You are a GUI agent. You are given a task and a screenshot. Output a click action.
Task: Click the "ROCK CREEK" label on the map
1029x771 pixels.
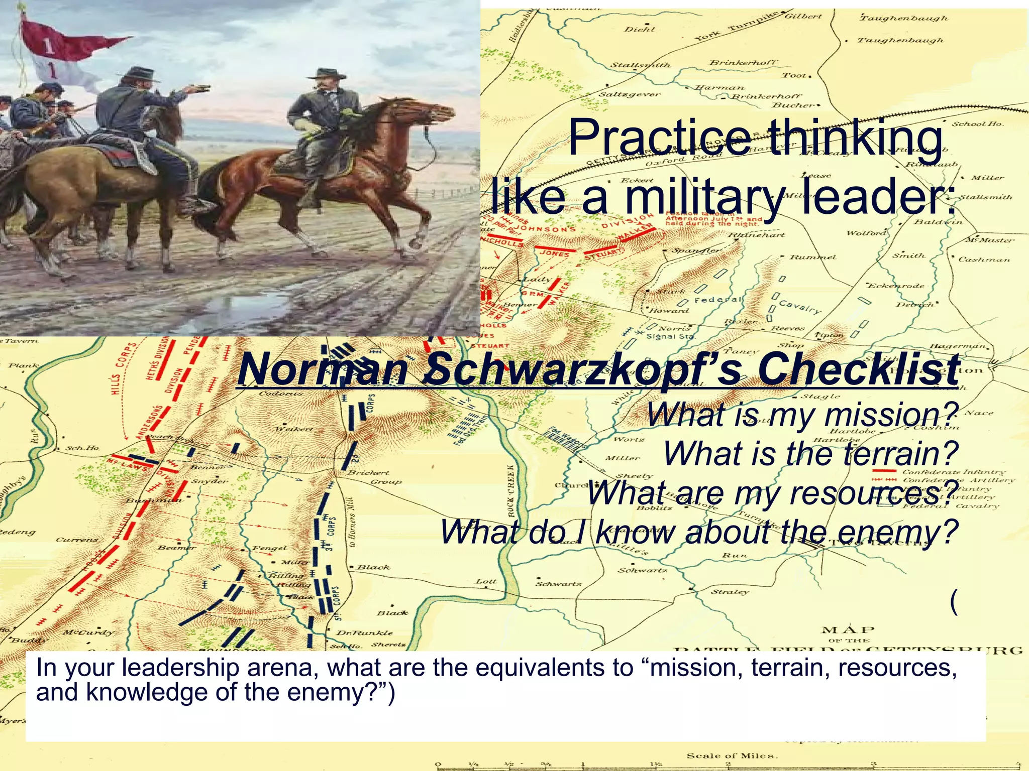tap(511, 490)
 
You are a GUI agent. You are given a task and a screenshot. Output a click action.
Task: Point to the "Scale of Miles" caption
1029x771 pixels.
tap(732, 755)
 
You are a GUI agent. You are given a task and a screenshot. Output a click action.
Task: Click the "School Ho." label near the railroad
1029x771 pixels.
tap(977, 123)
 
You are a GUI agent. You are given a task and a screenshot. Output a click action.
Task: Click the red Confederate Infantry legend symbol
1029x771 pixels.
tap(884, 471)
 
